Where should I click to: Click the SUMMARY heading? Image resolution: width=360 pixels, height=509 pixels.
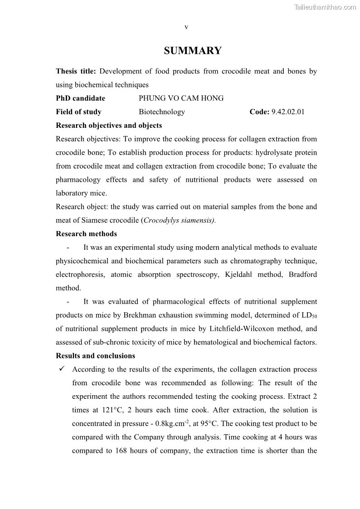click(193, 51)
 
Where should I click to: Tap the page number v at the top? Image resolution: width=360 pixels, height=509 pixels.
click(186, 27)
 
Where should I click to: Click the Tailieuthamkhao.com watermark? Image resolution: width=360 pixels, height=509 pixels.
click(325, 7)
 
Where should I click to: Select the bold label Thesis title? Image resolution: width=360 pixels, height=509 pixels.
click(76, 71)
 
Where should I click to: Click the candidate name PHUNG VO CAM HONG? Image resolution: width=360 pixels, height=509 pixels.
click(181, 98)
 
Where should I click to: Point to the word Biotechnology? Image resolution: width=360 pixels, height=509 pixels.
click(162, 112)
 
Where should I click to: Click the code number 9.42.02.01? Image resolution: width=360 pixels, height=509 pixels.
click(288, 112)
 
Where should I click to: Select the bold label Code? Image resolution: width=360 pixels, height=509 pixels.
click(259, 112)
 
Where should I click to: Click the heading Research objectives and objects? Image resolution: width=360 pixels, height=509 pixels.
click(109, 126)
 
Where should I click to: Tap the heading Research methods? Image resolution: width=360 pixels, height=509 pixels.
click(86, 234)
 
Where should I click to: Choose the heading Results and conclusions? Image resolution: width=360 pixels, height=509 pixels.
click(95, 356)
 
